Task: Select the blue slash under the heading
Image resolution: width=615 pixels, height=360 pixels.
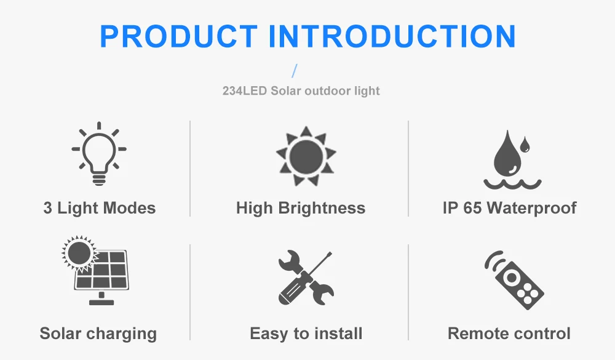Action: coord(294,71)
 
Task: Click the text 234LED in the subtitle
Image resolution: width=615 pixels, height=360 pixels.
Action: coord(243,91)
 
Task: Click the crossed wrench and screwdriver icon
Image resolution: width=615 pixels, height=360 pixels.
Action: coord(306,278)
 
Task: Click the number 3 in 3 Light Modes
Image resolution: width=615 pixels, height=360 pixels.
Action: coord(48,208)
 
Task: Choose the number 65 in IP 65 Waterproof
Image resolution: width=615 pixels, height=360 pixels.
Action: coord(472,208)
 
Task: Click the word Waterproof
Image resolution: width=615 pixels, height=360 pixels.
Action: coord(532,208)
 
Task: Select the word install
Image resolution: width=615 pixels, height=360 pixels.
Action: coord(338,334)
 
